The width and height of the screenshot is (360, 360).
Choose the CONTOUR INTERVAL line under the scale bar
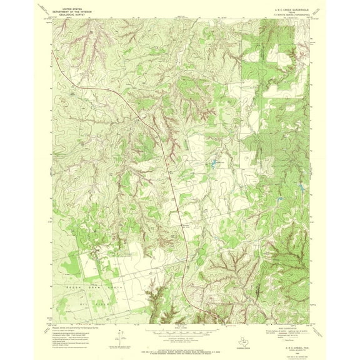point(179,332)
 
